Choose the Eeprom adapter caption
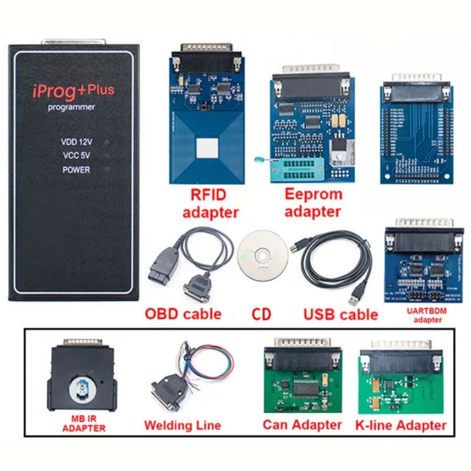[x=311, y=203]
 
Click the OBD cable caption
[x=183, y=313]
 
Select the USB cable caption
[x=340, y=314]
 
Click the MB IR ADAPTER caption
[x=84, y=424]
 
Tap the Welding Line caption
[x=183, y=425]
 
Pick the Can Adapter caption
[x=302, y=424]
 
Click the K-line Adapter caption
[x=402, y=424]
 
